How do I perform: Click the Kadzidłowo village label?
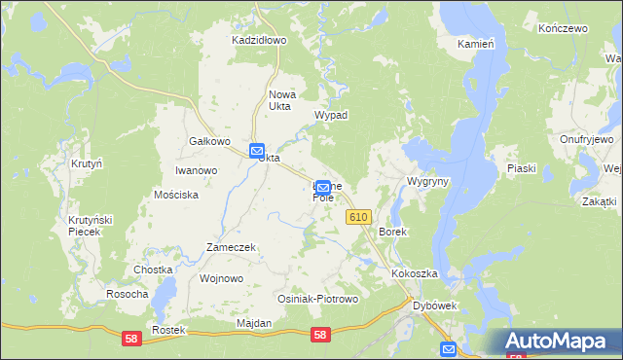[258, 40]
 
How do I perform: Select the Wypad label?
[331, 114]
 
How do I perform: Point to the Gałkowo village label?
[209, 141]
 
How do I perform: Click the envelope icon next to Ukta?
[256, 152]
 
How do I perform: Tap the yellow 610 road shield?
[357, 219]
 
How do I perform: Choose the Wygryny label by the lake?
[428, 182]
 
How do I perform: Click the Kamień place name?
[476, 45]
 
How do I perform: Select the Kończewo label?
[566, 29]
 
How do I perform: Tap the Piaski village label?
[522, 168]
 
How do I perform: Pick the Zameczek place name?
[231, 247]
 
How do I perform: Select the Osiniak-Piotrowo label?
[318, 299]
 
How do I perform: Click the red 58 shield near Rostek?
[129, 338]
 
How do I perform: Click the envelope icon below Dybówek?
[448, 349]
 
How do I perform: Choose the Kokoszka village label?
[416, 274]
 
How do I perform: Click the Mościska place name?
[176, 195]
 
